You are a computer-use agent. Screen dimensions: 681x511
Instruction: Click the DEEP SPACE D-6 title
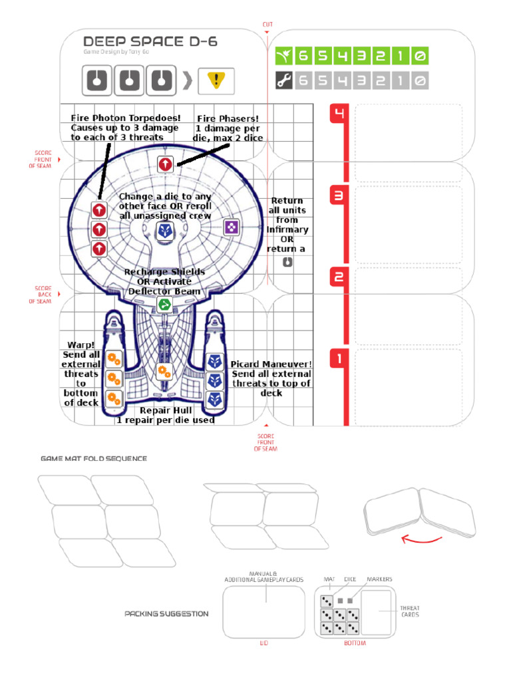150,41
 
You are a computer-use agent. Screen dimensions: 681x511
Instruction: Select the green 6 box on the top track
303,57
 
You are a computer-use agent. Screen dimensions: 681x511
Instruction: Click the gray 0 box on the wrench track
419,80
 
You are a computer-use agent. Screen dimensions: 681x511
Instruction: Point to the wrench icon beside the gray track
283,80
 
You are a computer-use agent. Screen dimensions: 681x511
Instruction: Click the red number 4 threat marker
339,114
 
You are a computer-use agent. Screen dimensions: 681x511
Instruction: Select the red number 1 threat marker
339,360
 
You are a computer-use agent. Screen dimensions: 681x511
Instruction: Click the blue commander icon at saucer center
165,231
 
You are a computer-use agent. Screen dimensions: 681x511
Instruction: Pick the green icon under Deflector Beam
164,305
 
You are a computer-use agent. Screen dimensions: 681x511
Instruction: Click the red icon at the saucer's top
165,163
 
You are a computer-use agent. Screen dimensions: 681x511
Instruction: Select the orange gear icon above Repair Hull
164,370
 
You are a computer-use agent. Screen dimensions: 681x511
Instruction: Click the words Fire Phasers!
228,118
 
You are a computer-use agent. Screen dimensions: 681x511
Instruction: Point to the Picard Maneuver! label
271,364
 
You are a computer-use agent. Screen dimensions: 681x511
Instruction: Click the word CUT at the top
267,25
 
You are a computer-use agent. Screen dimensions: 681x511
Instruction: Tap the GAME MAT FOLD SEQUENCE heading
94,459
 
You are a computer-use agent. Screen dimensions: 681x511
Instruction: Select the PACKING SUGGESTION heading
166,614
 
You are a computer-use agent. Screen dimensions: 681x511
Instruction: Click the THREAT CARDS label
409,611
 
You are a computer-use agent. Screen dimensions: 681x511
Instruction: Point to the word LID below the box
263,643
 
